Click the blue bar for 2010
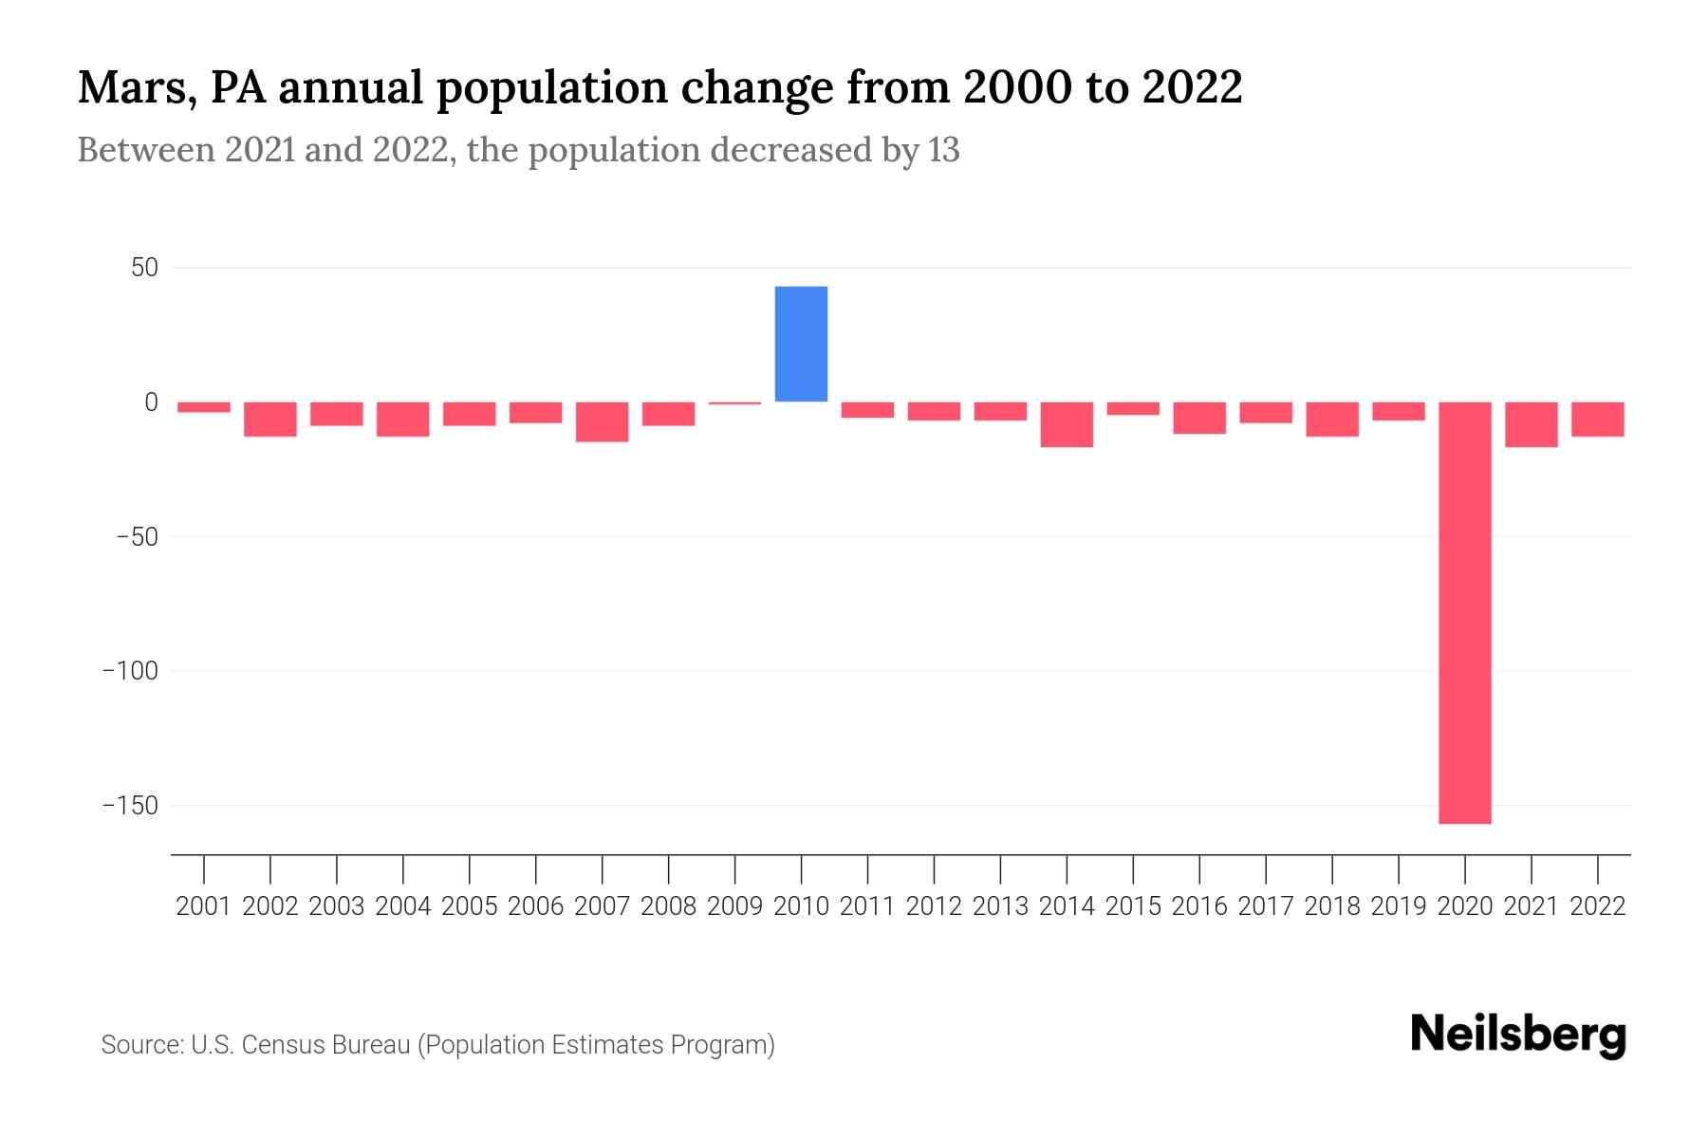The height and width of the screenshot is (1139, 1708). (x=801, y=344)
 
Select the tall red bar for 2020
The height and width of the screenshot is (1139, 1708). (x=1464, y=612)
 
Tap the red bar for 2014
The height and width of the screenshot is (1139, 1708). (x=1067, y=424)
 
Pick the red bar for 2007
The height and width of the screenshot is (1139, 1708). (x=602, y=421)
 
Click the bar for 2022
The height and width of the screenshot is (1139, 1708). (x=1597, y=419)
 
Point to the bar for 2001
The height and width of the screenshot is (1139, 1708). (x=204, y=407)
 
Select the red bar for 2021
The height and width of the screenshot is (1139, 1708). (x=1531, y=424)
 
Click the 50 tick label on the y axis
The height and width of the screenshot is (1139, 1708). (x=144, y=268)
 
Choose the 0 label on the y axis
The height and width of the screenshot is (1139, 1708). (x=151, y=402)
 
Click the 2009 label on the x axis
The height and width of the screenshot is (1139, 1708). (x=734, y=906)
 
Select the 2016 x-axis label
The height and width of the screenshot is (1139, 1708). (x=1199, y=906)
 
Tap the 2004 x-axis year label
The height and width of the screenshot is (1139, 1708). (x=402, y=906)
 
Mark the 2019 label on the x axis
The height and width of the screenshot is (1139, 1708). (x=1398, y=906)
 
